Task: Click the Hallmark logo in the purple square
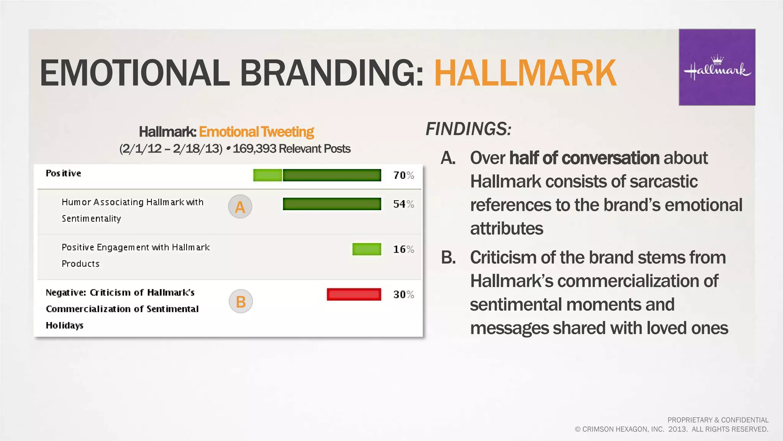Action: (x=717, y=68)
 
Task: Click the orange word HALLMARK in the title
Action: (x=525, y=73)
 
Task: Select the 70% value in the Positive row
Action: (x=403, y=175)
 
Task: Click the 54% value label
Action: (x=403, y=204)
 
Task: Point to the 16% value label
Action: (x=403, y=250)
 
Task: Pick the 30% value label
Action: (x=403, y=294)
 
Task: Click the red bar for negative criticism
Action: (x=354, y=294)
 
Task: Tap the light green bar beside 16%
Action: (x=367, y=249)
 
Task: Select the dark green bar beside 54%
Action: (x=332, y=204)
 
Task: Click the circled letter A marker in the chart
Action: (x=240, y=207)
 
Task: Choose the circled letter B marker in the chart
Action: (x=241, y=302)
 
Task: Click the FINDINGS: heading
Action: (x=468, y=129)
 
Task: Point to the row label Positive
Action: (x=63, y=173)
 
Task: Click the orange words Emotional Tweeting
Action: (x=256, y=132)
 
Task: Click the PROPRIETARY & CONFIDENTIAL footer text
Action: (x=718, y=420)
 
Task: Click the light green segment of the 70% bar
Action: (x=268, y=175)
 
